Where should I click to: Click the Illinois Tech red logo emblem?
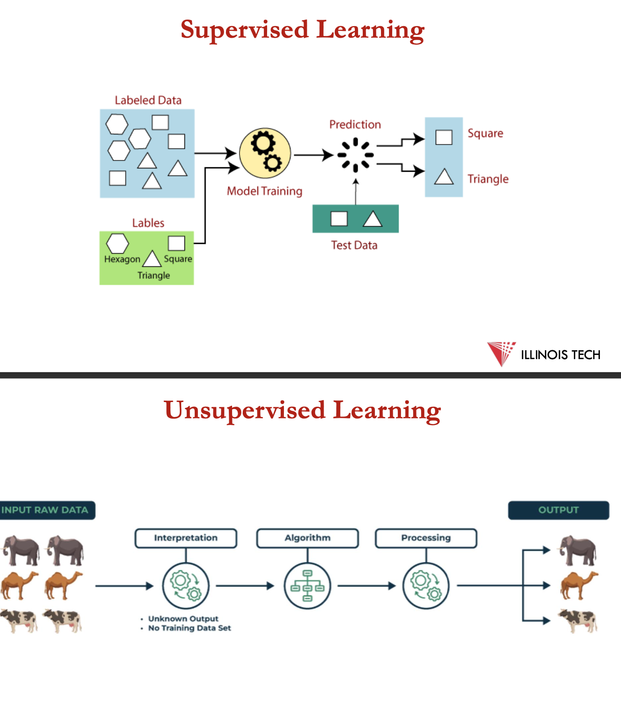pyautogui.click(x=501, y=353)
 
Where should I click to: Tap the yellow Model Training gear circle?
pyautogui.click(x=265, y=153)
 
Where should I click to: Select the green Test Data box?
pyautogui.click(x=355, y=218)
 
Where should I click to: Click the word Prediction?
pyautogui.click(x=355, y=125)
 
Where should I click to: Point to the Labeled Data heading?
pyautogui.click(x=148, y=100)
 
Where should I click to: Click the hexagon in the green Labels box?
pyautogui.click(x=117, y=243)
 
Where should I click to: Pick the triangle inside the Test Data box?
pyautogui.click(x=372, y=219)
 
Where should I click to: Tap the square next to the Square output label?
pyautogui.click(x=444, y=137)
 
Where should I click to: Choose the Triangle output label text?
pyautogui.click(x=488, y=179)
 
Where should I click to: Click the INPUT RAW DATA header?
pyautogui.click(x=45, y=510)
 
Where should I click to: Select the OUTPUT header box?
pyautogui.click(x=558, y=510)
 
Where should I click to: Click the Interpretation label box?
pyautogui.click(x=186, y=538)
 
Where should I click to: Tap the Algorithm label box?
pyautogui.click(x=308, y=538)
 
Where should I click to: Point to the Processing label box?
pyautogui.click(x=426, y=538)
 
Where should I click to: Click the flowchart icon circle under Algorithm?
pyautogui.click(x=307, y=586)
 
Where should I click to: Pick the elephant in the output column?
pyautogui.click(x=579, y=551)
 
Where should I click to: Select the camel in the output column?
pyautogui.click(x=579, y=585)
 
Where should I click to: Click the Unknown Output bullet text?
pyautogui.click(x=183, y=618)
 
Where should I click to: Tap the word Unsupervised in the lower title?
pyautogui.click(x=245, y=410)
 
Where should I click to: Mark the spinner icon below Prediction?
pyautogui.click(x=355, y=155)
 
